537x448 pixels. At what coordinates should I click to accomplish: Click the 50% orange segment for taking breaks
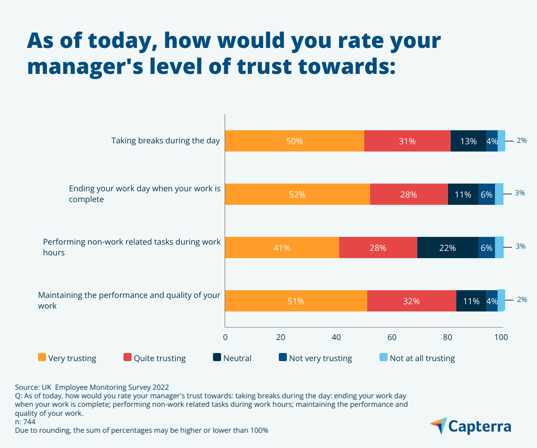coord(294,141)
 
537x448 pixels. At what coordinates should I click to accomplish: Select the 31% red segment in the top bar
coord(407,141)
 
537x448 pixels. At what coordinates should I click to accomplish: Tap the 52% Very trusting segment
coord(297,194)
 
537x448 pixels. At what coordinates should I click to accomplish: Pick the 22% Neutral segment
coord(447,248)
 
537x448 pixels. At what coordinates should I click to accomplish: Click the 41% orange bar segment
coord(282,248)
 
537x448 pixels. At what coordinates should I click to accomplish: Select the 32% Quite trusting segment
coord(411,301)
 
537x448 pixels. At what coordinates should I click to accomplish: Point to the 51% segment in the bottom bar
coord(296,301)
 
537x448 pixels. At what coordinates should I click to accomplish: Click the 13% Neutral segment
coord(468,141)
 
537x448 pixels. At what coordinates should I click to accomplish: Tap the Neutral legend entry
coord(232,358)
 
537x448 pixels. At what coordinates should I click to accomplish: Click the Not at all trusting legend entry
coord(417,358)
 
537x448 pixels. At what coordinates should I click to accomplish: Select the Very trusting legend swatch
coord(43,358)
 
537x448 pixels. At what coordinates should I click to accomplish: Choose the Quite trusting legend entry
coord(154,358)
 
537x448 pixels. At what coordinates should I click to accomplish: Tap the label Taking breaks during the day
coord(166,141)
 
